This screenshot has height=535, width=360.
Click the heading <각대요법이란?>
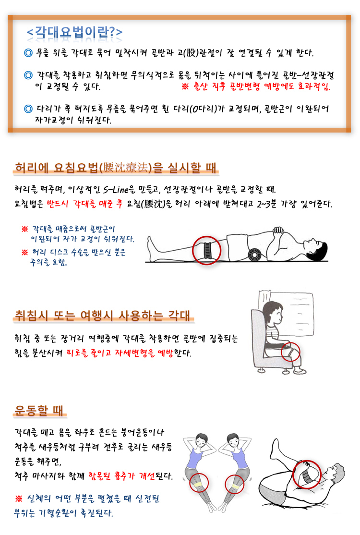pyautogui.click(x=74, y=32)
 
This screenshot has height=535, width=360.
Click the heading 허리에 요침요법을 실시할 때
pyautogui.click(x=116, y=168)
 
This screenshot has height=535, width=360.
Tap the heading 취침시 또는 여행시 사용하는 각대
pyautogui.click(x=103, y=315)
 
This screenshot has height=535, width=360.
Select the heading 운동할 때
pyautogui.click(x=39, y=410)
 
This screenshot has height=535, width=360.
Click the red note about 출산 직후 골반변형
pyautogui.click(x=256, y=86)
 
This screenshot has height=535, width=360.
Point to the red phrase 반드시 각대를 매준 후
pyautogui.click(x=85, y=204)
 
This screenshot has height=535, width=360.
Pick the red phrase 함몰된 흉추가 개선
pyautogui.click(x=121, y=475)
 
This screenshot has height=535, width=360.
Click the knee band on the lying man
pyautogui.click(x=207, y=251)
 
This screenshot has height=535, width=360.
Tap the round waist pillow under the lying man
pyautogui.click(x=254, y=255)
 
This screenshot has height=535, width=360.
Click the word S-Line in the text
pyautogui.click(x=116, y=189)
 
